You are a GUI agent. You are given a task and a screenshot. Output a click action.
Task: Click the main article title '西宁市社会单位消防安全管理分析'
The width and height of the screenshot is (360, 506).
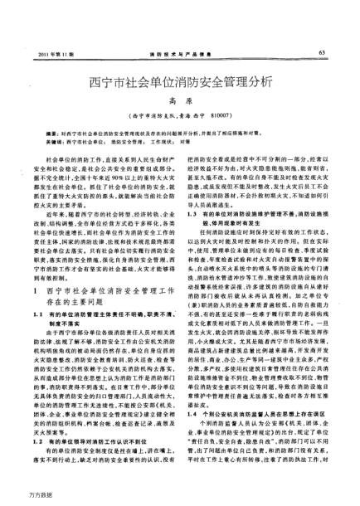[180, 83]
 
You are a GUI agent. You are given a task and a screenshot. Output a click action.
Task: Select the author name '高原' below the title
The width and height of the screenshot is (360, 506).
[180, 101]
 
